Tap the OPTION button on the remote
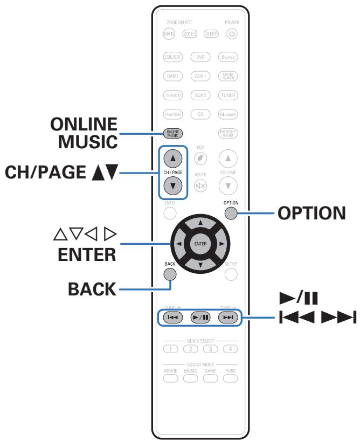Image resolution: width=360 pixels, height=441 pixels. point(231,213)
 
